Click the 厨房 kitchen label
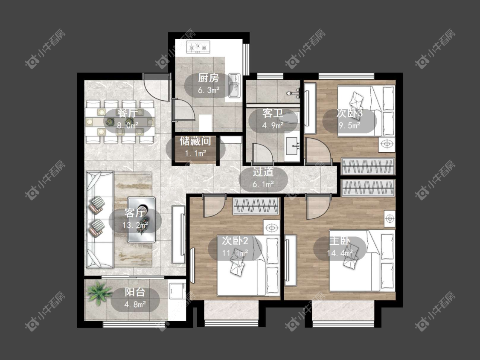click(x=209, y=78)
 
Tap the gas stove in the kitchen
click(x=198, y=47)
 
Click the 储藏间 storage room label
click(x=195, y=141)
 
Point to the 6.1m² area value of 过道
click(x=263, y=184)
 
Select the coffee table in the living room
click(x=141, y=220)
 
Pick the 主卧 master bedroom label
click(x=340, y=241)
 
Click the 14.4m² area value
click(x=340, y=253)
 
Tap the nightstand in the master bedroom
click(x=390, y=218)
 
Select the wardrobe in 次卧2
click(x=256, y=206)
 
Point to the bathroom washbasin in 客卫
click(x=292, y=146)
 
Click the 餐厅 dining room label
click(x=128, y=113)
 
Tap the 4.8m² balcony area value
click(x=135, y=305)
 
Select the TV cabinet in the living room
click(x=178, y=235)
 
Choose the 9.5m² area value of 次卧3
click(x=349, y=125)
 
